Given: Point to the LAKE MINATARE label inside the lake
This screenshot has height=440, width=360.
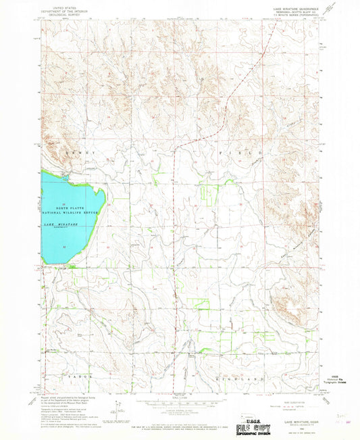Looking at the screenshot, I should [61, 224].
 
